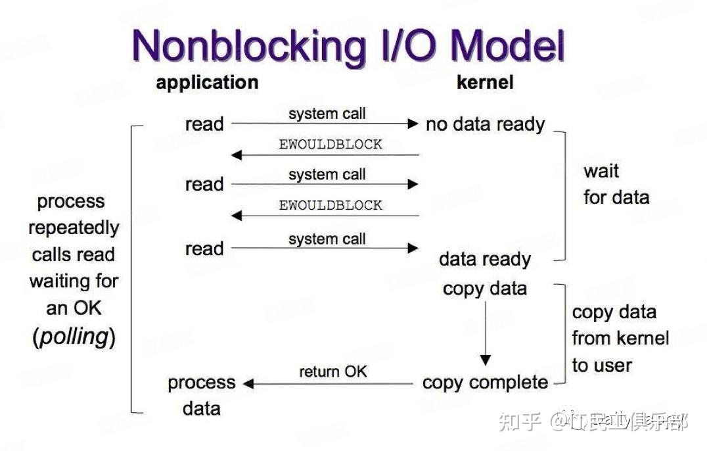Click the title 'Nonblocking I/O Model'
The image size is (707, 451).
(x=349, y=46)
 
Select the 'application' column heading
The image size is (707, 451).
(x=207, y=82)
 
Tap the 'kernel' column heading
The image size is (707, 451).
(x=485, y=82)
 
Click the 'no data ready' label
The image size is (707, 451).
(x=485, y=124)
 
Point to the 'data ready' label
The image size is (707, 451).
(x=485, y=259)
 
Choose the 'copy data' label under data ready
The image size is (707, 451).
(x=485, y=289)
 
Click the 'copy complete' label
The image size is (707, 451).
(x=485, y=383)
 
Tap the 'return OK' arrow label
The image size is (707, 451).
(x=333, y=371)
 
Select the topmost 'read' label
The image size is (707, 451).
(x=204, y=124)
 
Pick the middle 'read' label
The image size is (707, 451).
(x=204, y=185)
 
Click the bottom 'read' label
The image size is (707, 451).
(x=204, y=249)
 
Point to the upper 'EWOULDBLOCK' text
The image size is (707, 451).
(x=331, y=145)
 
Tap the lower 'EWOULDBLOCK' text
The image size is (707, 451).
(x=331, y=205)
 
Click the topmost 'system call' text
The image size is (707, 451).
(x=327, y=114)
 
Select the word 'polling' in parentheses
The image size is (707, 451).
(x=74, y=337)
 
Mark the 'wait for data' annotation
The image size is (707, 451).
(x=616, y=184)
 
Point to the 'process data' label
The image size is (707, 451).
(x=202, y=395)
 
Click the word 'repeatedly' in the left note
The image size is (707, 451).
(x=74, y=228)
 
